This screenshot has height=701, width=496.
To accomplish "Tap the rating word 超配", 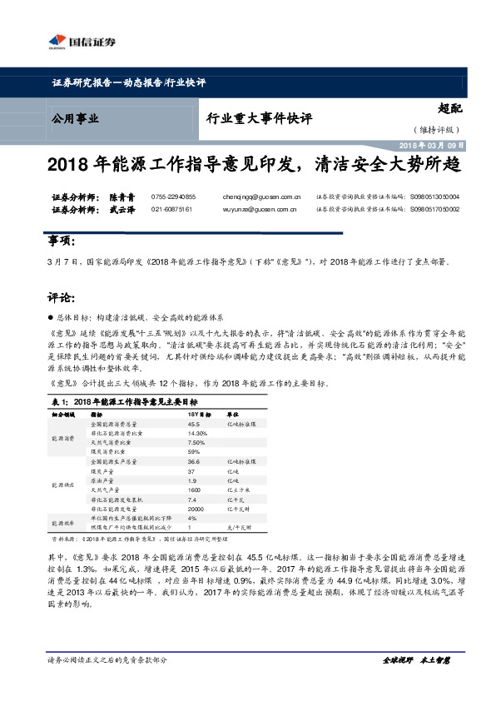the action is [x=450, y=107].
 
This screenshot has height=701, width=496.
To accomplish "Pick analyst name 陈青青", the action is [x=122, y=196].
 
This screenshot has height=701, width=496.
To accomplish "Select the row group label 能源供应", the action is [x=62, y=485].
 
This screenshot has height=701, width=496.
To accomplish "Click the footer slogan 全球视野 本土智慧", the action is [x=416, y=659].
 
